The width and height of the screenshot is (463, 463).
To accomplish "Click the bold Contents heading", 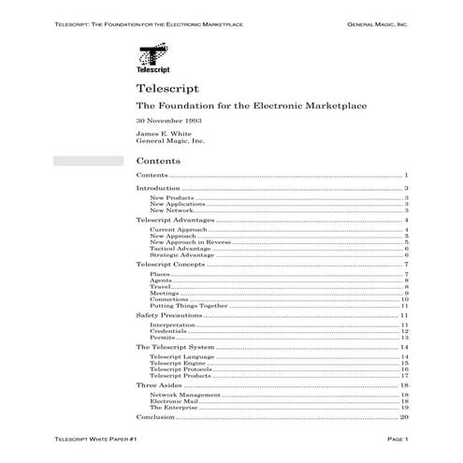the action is (159, 160).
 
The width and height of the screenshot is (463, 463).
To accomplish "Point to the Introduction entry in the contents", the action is (158, 188).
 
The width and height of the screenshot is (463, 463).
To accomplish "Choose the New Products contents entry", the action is (169, 198).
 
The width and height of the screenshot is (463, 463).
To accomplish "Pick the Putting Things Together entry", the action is (186, 305).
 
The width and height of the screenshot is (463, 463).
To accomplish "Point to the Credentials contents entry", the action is (168, 331).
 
